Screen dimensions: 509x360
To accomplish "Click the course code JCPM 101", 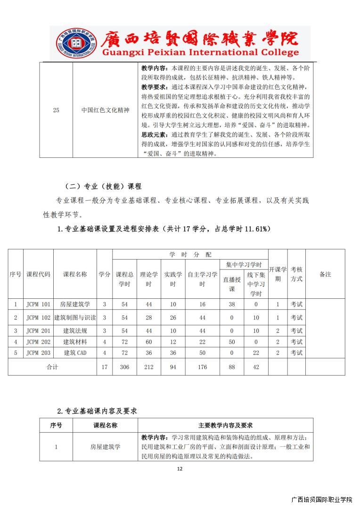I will [38, 304].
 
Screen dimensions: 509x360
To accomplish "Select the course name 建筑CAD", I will [75, 353].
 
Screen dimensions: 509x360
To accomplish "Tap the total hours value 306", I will [124, 367].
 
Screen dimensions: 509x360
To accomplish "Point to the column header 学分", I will [105, 274].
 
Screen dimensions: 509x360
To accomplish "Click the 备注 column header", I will [325, 274].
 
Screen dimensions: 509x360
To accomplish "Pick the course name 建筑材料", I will [75, 341].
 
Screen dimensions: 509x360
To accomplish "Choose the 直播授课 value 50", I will [232, 341].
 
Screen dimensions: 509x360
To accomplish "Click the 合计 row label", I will [52, 367].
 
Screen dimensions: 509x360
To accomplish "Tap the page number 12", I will [180, 468].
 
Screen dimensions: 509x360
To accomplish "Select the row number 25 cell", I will [56, 110].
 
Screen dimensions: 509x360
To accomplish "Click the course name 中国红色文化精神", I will [105, 110].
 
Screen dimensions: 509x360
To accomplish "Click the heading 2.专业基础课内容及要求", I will [97, 411].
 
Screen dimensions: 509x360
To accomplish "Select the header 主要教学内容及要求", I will [225, 425].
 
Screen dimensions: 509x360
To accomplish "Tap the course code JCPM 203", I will [38, 353].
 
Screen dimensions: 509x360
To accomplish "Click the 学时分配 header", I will [190, 254].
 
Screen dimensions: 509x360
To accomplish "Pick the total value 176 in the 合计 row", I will [202, 367].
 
